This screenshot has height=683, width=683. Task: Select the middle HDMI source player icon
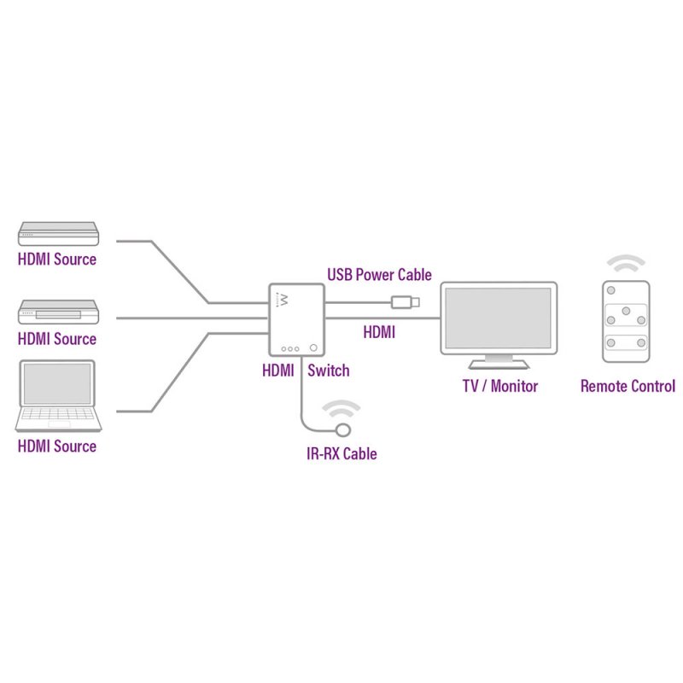coord(58,312)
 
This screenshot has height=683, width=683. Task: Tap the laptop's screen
coord(57,383)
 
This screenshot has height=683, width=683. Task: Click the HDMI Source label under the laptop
coord(57,446)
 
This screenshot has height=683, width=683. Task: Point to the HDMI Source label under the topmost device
coord(57,259)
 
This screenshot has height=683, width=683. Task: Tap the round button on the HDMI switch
coord(316,347)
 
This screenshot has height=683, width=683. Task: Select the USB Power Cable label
coord(379,275)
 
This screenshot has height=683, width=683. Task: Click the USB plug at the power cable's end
coord(405,301)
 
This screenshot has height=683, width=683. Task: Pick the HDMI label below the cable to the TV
coord(379,332)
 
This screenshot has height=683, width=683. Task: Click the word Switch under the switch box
coord(328,371)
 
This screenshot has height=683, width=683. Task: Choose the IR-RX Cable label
coord(341,453)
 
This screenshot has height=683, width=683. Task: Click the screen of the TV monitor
coord(499,317)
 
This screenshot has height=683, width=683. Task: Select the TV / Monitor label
coord(500,386)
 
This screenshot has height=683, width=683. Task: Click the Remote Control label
coord(628,386)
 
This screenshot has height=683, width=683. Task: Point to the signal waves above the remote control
coord(628,261)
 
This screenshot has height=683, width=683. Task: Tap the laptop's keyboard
coord(57,417)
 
